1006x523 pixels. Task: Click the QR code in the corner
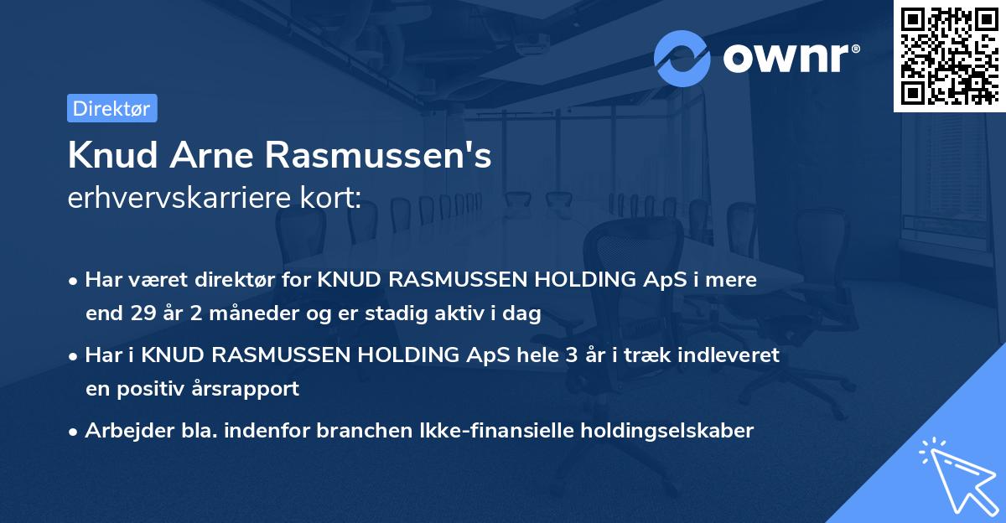tap(949, 55)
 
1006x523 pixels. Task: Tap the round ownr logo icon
tap(682, 58)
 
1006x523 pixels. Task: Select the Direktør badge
tap(111, 108)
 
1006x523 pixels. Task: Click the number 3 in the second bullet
tap(572, 355)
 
